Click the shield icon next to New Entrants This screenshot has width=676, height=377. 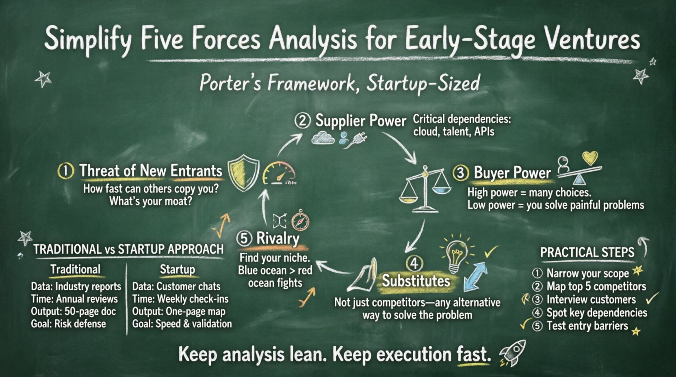tap(243, 173)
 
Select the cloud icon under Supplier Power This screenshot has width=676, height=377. tap(323, 139)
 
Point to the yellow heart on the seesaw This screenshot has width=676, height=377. tap(590, 158)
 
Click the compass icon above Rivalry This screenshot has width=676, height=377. tap(300, 221)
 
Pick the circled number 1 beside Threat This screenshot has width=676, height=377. tap(66, 171)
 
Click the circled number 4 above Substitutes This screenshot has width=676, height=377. tap(414, 264)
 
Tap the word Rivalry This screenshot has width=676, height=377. tap(278, 238)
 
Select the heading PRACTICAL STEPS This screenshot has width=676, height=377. tap(587, 252)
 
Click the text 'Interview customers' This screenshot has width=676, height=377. tap(591, 300)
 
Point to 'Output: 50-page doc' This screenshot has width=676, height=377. tap(74, 312)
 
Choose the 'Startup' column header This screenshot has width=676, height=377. tap(177, 269)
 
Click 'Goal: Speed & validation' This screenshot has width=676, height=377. tap(182, 324)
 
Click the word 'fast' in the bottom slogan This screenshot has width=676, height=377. tap(471, 355)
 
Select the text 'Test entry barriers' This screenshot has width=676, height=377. tap(587, 326)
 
